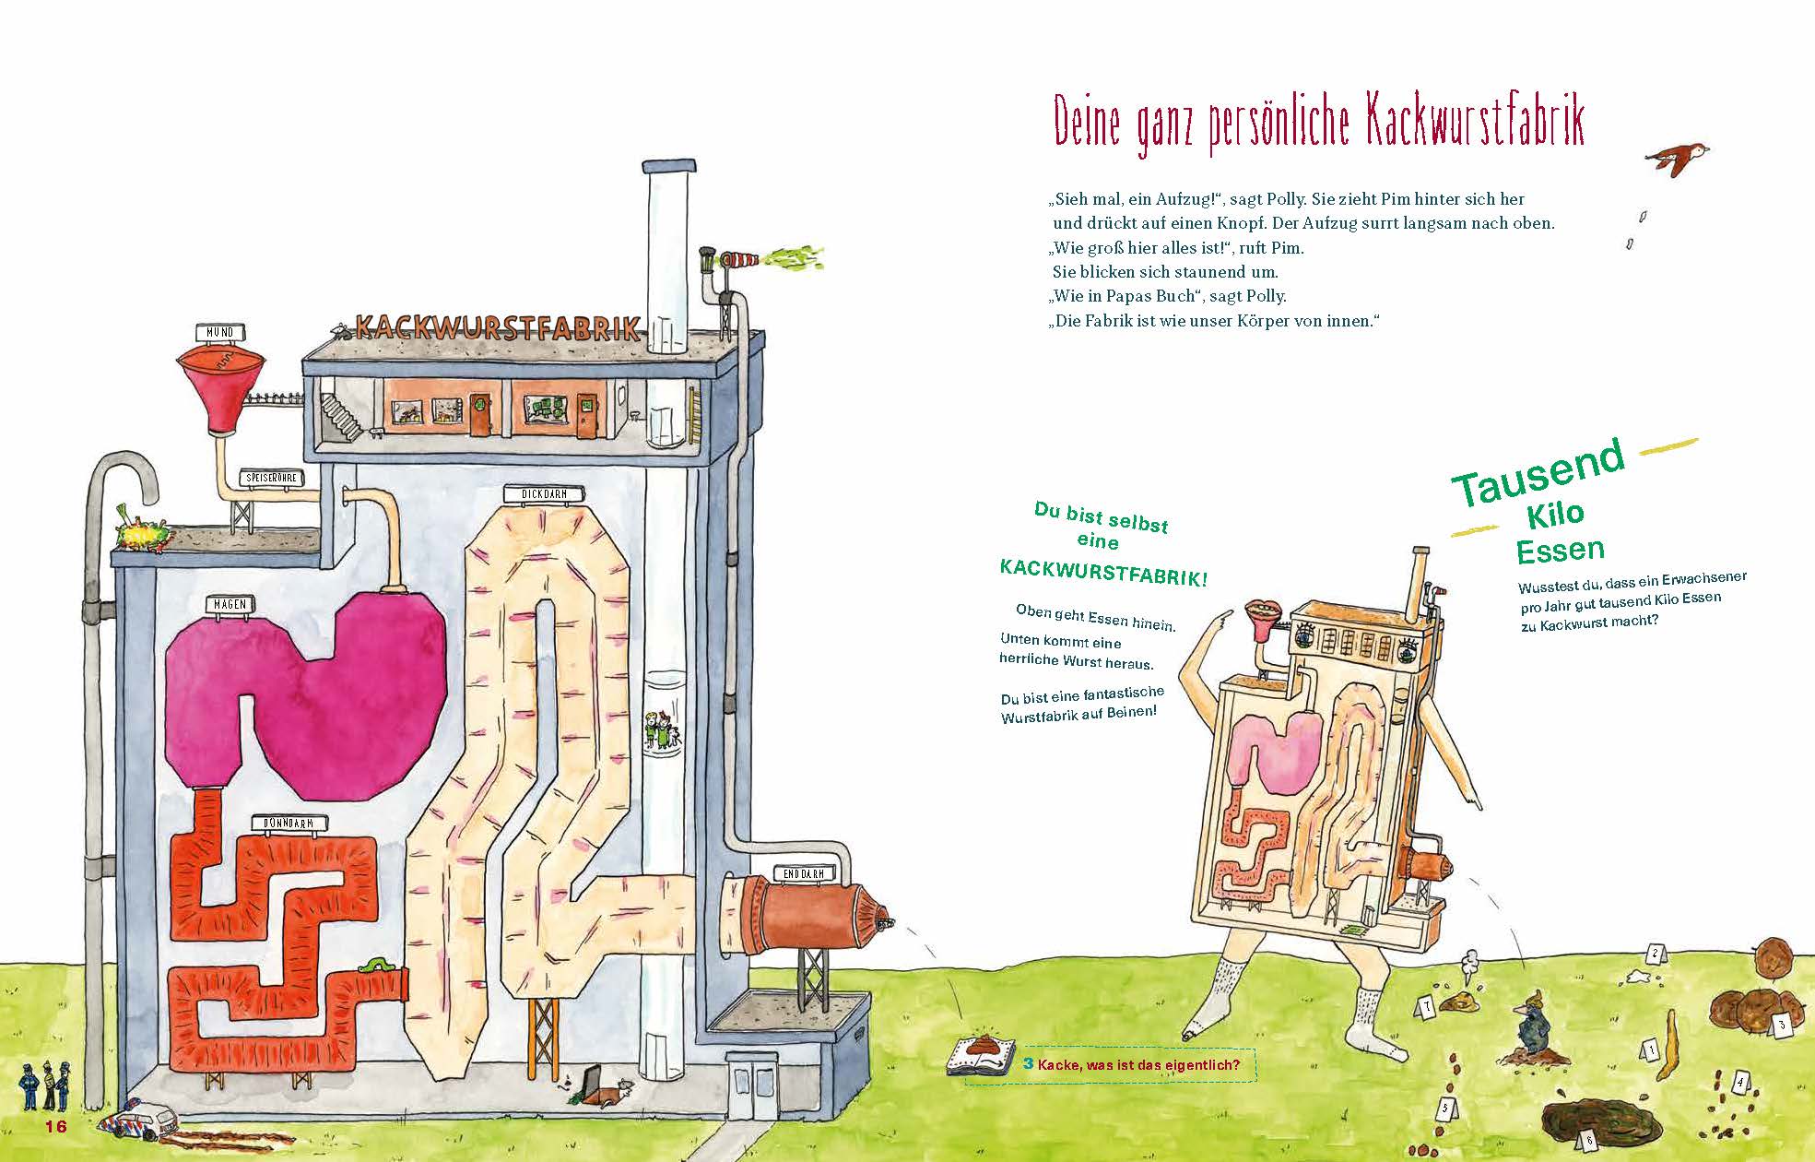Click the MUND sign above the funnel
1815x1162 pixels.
220,332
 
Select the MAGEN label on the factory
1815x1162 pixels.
230,604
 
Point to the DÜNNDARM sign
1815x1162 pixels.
289,824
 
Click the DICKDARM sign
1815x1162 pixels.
544,494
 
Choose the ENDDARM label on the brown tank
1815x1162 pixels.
805,873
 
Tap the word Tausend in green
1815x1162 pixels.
1537,476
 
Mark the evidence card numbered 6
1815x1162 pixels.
1589,1141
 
